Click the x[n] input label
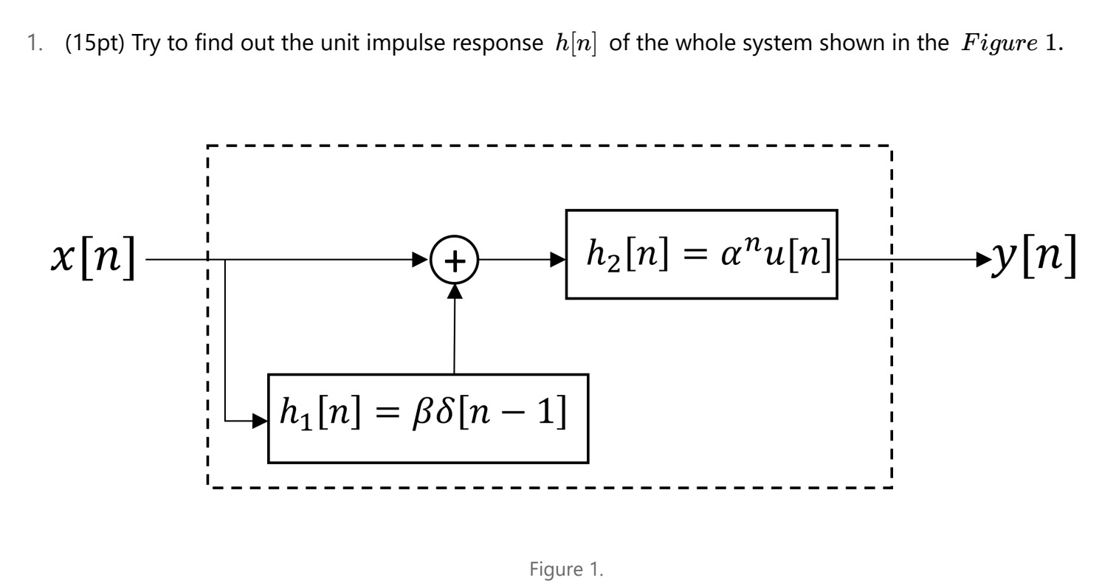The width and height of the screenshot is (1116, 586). (94, 258)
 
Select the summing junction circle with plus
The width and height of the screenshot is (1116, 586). (455, 260)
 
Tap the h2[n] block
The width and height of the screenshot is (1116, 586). (701, 255)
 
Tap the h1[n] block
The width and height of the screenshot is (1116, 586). (428, 418)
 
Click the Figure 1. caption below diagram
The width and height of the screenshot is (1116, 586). (566, 569)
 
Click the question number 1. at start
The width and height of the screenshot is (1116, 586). (34, 44)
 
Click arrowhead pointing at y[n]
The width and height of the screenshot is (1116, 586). (984, 260)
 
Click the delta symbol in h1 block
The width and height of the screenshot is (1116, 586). (444, 413)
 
